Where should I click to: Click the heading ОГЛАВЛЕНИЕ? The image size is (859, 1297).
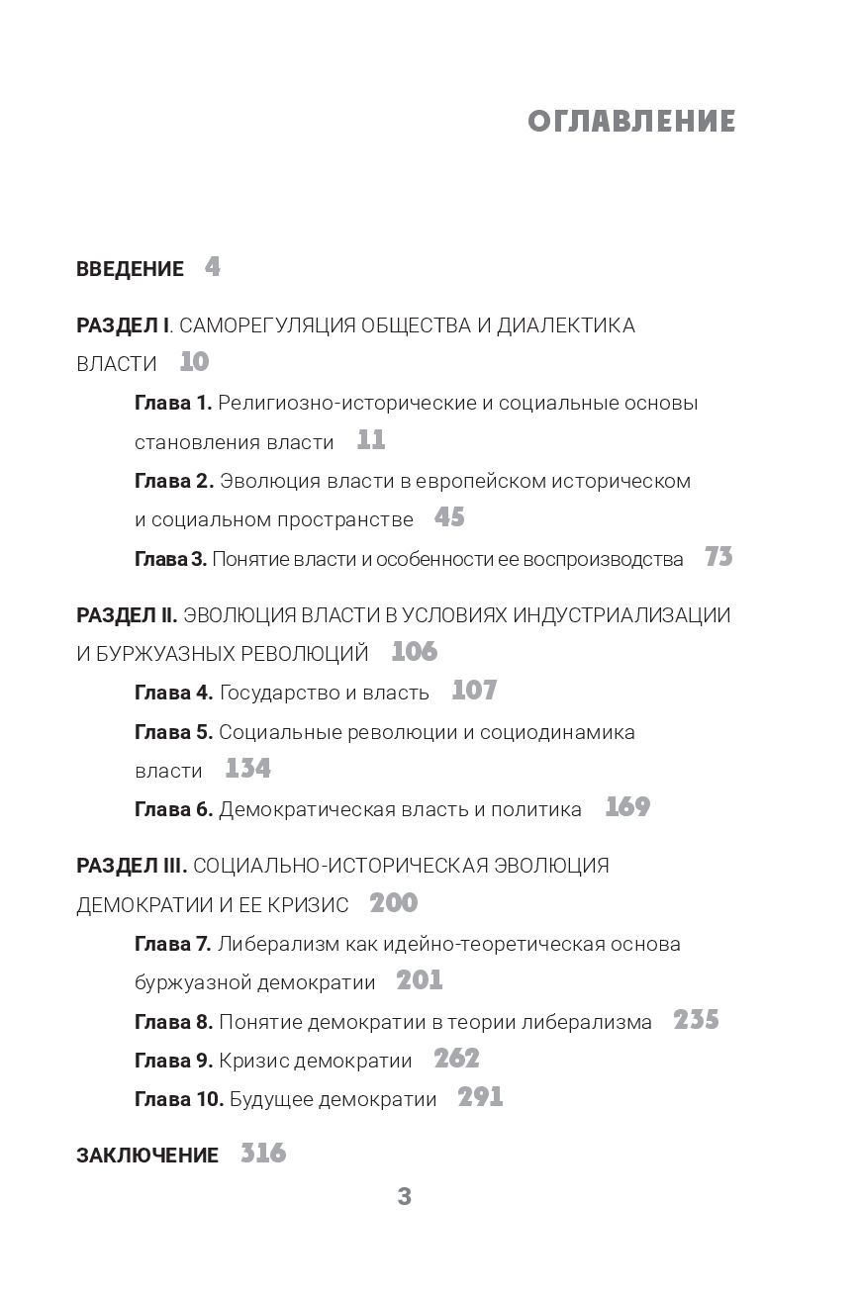631,122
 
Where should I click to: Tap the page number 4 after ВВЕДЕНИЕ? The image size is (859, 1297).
213,267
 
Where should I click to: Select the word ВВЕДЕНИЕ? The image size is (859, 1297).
130,269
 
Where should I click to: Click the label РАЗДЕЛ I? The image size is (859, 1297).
124,325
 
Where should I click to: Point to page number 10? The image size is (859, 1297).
194,362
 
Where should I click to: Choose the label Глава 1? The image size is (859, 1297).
173,404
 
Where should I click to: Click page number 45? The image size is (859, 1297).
448,517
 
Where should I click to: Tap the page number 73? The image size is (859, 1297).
718,557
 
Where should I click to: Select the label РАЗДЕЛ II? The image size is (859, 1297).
127,615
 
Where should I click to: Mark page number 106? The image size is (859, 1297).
414,652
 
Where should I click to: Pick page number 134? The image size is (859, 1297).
247,769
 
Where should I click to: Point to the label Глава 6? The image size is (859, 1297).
173,809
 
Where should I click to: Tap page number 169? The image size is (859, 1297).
627,807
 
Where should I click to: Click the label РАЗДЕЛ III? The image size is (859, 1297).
131,867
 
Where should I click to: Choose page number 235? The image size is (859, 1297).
696,1020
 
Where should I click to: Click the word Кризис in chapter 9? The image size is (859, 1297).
250,1061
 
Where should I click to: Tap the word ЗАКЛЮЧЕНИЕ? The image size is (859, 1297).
147,1156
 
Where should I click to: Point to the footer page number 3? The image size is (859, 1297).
404,1197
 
